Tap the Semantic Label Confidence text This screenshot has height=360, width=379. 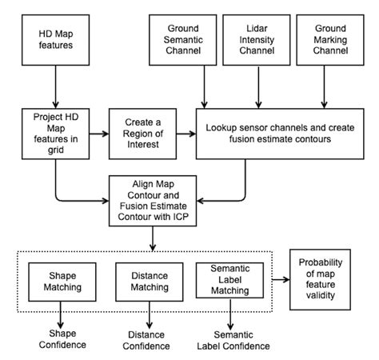[232, 339]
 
